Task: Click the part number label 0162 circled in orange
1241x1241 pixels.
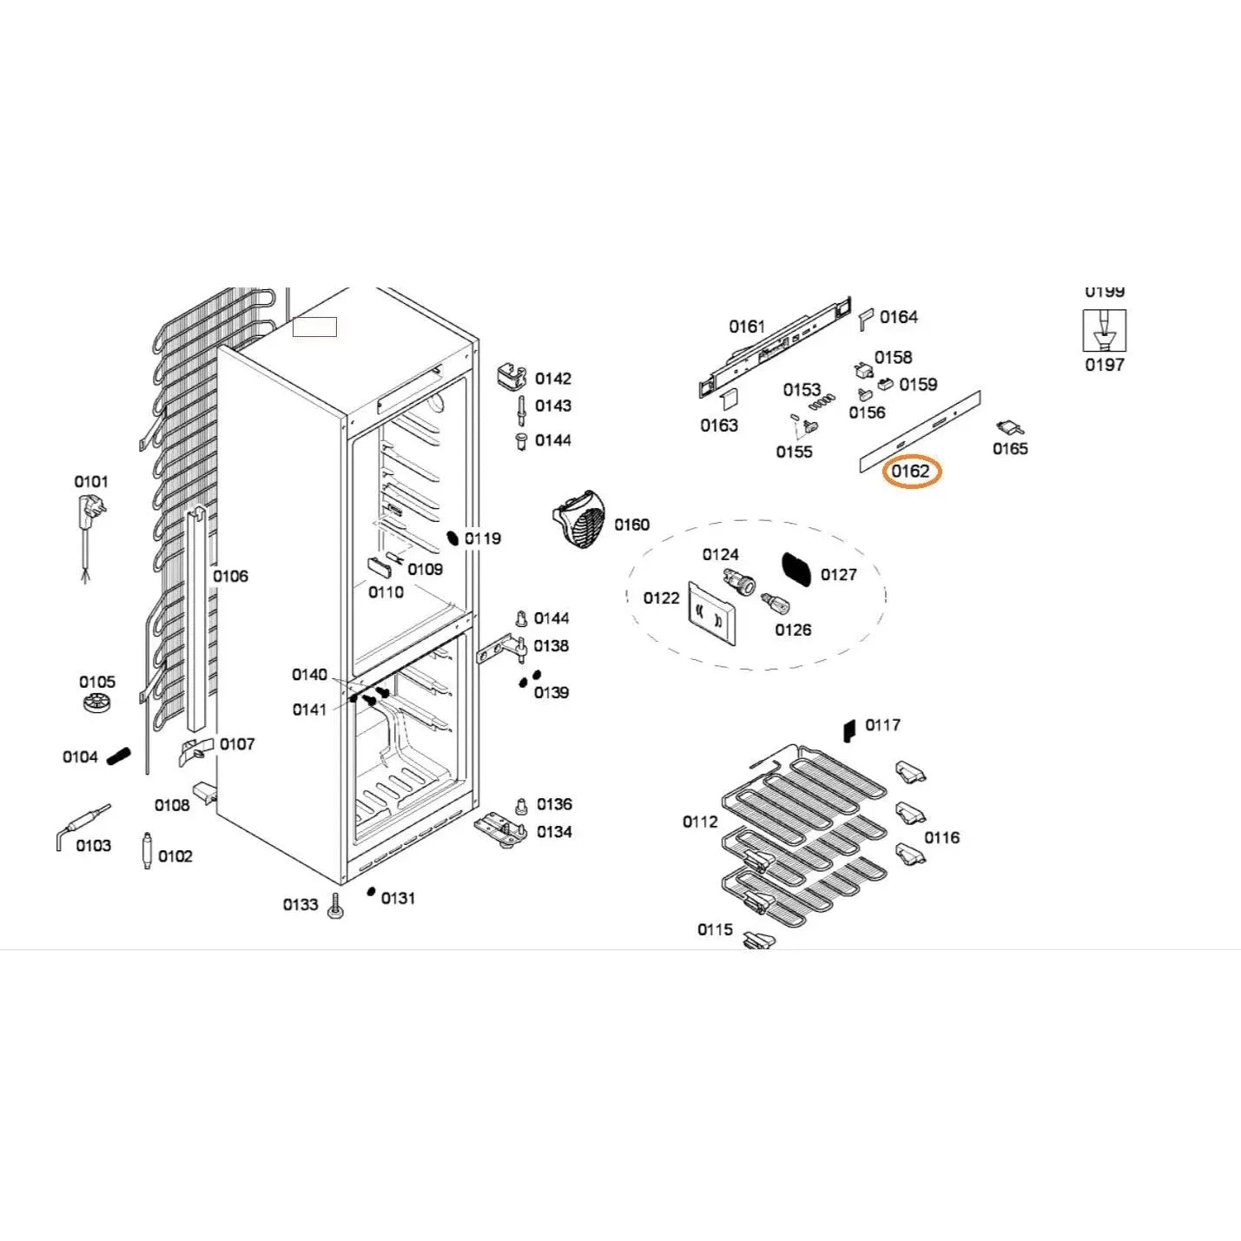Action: (911, 472)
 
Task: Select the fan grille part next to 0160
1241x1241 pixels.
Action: (580, 519)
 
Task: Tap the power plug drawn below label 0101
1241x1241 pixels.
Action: (91, 511)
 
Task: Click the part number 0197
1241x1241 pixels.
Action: (1104, 366)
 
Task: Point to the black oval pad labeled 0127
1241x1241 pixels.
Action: (796, 569)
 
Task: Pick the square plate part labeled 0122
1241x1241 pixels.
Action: (712, 613)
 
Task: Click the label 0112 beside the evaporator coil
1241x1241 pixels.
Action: (700, 822)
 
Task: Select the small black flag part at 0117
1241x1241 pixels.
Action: (849, 730)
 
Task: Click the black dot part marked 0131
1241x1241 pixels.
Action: (371, 892)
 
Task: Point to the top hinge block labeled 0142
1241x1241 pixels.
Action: (512, 377)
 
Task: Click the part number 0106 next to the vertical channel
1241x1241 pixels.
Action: (230, 576)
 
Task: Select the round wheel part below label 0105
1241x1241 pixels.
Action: (97, 703)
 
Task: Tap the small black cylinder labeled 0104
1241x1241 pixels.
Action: (118, 756)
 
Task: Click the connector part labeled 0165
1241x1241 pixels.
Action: (1009, 427)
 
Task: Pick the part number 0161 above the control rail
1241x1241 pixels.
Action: (747, 327)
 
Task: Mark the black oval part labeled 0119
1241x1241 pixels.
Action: (452, 538)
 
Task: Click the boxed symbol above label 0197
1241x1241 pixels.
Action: (1104, 331)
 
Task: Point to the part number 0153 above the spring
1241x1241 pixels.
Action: (801, 390)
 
